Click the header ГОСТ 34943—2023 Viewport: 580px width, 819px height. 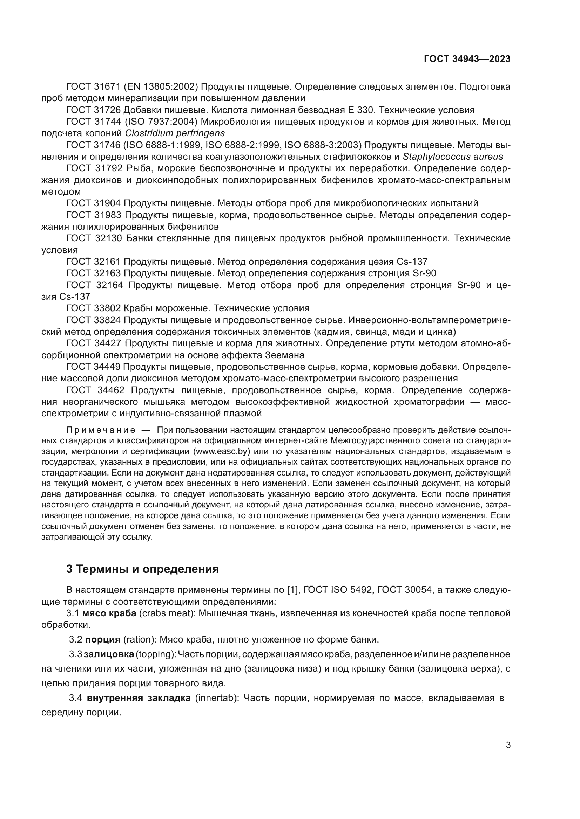pos(467,59)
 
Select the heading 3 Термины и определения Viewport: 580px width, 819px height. pos(142,569)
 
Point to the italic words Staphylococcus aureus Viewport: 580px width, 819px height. pos(452,157)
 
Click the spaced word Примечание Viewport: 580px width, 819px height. pos(101,430)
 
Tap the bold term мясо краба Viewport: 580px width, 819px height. pos(109,613)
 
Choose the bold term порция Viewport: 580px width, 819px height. pos(103,639)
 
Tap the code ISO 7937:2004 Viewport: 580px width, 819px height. pos(161,122)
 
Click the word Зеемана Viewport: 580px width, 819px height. pos(285,355)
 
